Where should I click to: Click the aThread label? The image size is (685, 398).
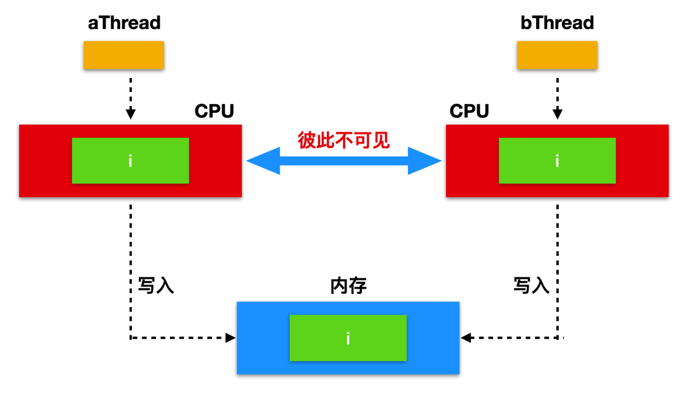click(124, 23)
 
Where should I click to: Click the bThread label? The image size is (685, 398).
click(557, 23)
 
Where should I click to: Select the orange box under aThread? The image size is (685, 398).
click(124, 55)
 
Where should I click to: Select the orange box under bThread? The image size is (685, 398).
click(557, 55)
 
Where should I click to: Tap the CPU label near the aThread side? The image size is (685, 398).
click(214, 111)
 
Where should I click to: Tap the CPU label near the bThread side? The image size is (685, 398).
click(469, 111)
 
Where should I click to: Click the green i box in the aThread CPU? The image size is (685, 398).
click(130, 160)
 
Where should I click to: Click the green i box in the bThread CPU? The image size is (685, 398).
click(557, 160)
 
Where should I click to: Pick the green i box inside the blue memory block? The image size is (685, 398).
click(348, 338)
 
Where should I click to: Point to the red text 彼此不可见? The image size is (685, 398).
click(344, 140)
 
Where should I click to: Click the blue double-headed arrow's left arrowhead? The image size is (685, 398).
click(263, 160)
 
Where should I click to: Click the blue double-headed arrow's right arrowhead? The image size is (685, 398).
click(425, 160)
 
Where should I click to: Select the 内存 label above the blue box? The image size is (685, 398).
click(348, 286)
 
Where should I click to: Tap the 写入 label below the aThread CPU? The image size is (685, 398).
click(156, 286)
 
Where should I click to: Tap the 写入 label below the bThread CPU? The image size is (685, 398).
click(531, 286)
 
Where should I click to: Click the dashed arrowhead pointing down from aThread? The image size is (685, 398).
click(130, 113)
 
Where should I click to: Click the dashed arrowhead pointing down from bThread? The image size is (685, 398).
click(557, 113)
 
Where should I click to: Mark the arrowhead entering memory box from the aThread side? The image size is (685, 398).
click(230, 338)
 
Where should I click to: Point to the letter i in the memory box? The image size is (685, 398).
click(348, 338)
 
